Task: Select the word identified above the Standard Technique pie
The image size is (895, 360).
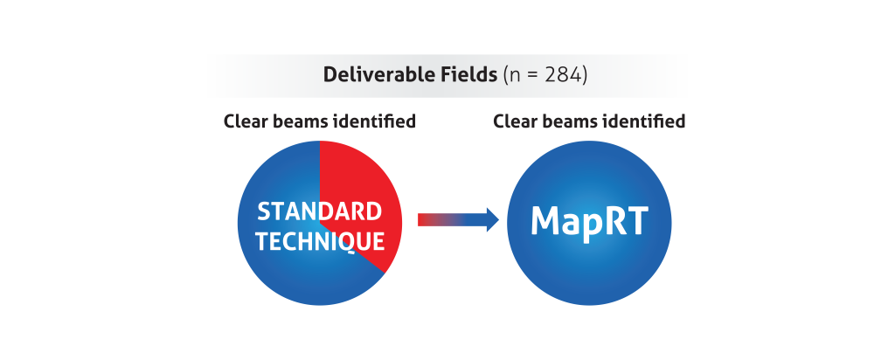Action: point(374,121)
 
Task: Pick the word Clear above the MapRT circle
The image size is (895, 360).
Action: point(514,121)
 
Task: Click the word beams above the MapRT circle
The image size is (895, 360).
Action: point(568,121)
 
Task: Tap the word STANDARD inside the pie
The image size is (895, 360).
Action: point(319,211)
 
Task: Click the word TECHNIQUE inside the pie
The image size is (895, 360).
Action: point(320,241)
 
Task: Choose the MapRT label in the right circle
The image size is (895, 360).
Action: point(589,222)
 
